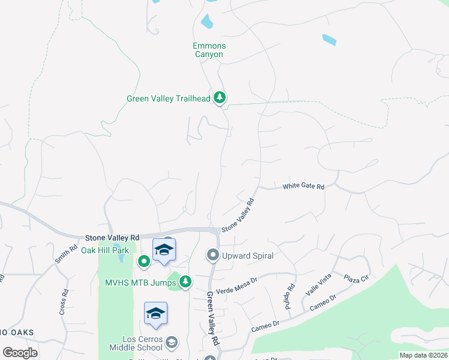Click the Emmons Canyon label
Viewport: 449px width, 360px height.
coord(208,50)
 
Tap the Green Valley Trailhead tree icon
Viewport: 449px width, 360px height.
coord(220,98)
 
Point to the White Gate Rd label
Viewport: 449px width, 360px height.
coord(303,187)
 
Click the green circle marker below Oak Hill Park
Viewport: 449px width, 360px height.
coord(144,260)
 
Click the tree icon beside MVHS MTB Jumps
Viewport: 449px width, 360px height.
coord(185,280)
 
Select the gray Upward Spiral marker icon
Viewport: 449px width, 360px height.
coord(212,256)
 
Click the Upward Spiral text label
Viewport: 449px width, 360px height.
coord(248,256)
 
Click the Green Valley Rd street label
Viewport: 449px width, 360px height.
coord(212,318)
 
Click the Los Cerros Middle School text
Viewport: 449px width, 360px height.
coord(136,343)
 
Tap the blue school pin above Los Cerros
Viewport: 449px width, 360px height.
coord(155,314)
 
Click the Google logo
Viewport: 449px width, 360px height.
coord(20,353)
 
